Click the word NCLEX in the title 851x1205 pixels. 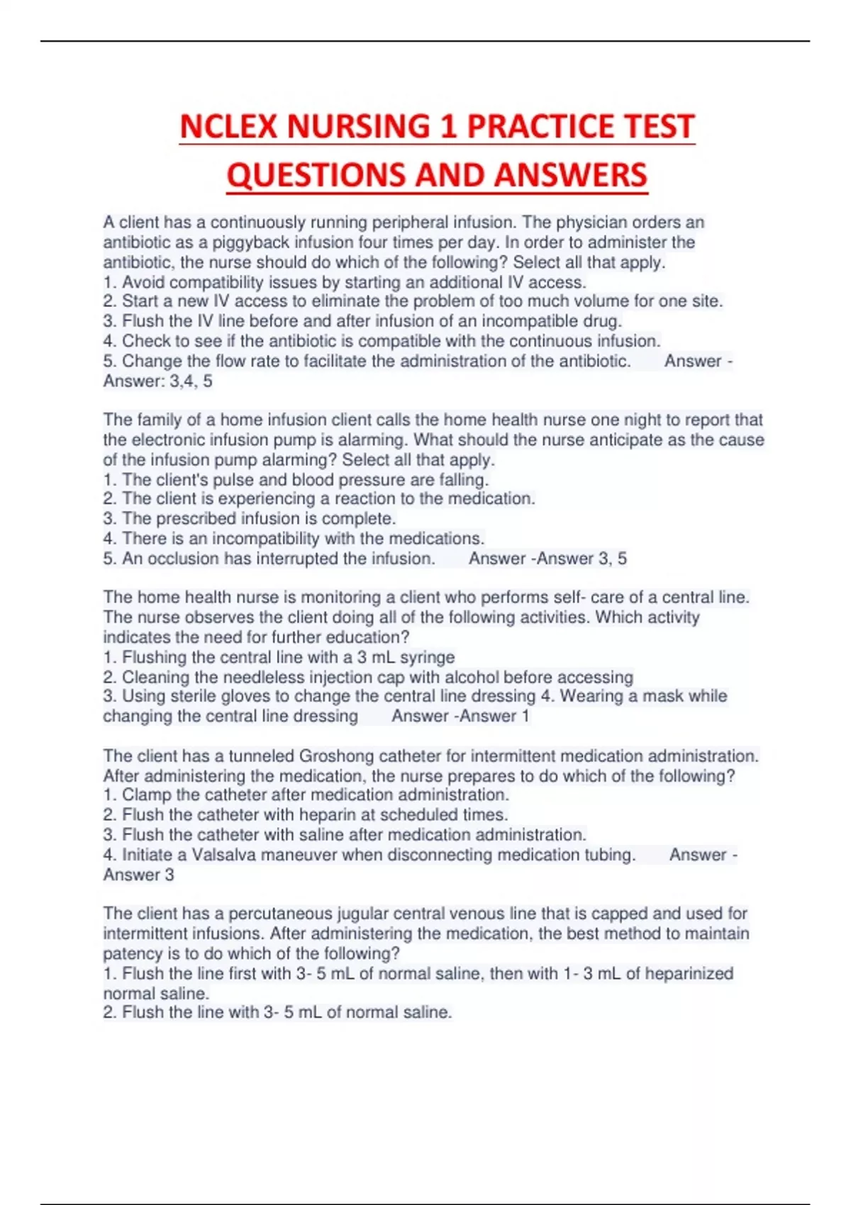point(228,127)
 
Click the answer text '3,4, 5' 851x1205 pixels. point(191,381)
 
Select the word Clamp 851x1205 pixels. point(146,795)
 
